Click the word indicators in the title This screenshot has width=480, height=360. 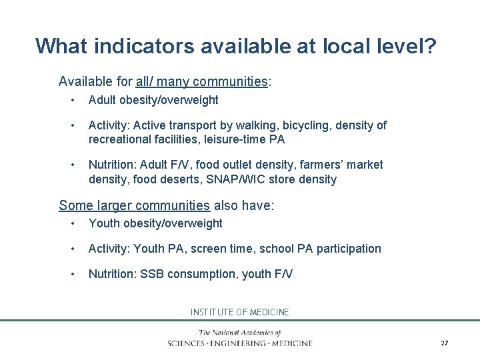[x=141, y=46]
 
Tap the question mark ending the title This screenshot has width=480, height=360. [x=430, y=46]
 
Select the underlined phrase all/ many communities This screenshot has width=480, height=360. [x=201, y=82]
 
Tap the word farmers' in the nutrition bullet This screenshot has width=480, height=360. [x=317, y=165]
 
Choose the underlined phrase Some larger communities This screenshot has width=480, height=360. [x=134, y=205]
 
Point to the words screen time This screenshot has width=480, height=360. [x=221, y=249]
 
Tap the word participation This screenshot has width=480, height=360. [x=349, y=249]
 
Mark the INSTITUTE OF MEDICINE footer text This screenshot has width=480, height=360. [x=240, y=312]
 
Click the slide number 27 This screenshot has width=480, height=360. [x=444, y=343]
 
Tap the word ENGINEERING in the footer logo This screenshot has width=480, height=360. [x=239, y=343]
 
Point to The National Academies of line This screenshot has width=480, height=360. [x=240, y=333]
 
